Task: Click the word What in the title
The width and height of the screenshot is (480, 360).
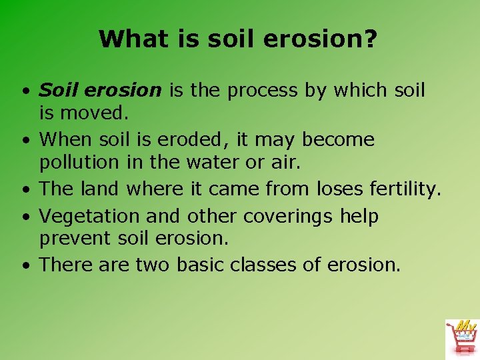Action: click(x=128, y=39)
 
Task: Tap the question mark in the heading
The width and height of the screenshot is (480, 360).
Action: click(x=371, y=39)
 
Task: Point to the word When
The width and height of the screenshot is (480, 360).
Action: click(x=65, y=139)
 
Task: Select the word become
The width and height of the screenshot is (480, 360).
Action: click(x=339, y=139)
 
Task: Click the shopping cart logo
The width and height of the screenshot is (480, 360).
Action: click(x=461, y=337)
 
